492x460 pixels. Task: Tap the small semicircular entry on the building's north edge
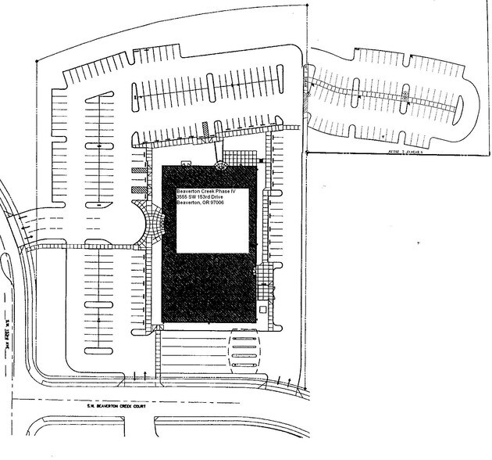221,164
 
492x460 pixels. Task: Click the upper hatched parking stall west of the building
138,171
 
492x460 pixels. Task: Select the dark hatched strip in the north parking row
204,127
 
